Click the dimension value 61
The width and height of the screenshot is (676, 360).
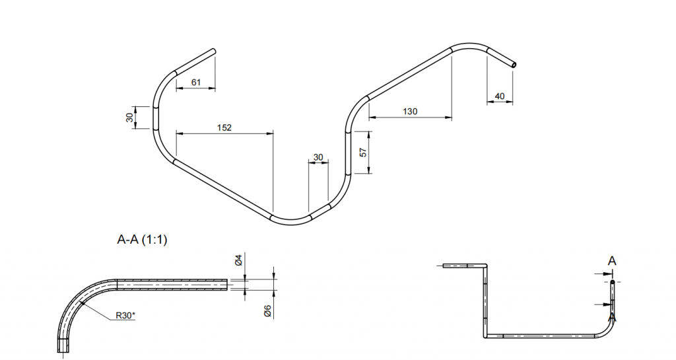(x=195, y=82)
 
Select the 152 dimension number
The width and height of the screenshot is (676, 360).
(x=224, y=127)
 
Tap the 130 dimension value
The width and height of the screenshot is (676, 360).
(x=410, y=111)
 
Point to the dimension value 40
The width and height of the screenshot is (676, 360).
(x=500, y=96)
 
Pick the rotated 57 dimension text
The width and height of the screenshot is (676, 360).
(x=363, y=152)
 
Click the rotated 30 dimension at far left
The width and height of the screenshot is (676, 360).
(x=129, y=118)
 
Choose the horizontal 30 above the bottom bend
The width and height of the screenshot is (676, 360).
(x=318, y=157)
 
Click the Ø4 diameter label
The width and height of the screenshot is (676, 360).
(x=238, y=260)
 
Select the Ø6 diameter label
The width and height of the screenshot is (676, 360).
(x=267, y=311)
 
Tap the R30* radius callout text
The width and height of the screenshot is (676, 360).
(x=125, y=316)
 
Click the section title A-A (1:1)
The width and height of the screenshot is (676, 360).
(x=142, y=239)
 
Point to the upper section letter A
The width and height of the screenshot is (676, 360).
(x=612, y=261)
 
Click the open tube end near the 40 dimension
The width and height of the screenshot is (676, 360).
(x=513, y=65)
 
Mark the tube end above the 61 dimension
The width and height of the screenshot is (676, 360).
(x=213, y=52)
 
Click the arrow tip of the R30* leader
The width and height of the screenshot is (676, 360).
(x=80, y=303)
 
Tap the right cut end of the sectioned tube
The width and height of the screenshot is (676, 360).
(x=227, y=285)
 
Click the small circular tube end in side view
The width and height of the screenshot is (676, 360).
(x=612, y=283)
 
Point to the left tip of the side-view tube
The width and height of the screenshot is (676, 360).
(x=443, y=266)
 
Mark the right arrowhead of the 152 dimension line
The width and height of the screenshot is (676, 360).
(x=273, y=133)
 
